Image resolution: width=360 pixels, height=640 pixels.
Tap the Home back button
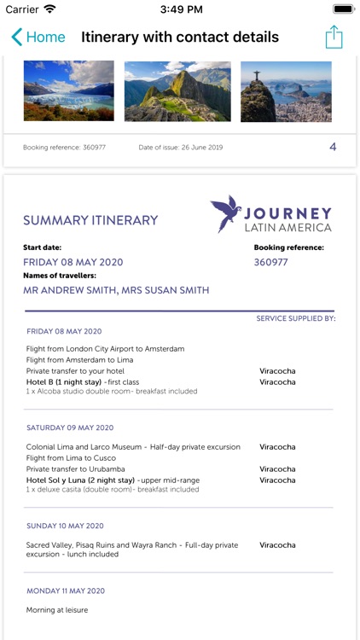point(38,37)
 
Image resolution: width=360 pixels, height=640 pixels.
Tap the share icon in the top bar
point(334,37)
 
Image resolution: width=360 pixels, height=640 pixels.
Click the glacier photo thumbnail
point(68,90)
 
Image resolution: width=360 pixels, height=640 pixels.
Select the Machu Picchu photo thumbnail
point(177,90)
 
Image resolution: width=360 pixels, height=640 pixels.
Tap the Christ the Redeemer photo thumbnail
point(286,90)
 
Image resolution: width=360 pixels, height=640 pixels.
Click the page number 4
point(333,147)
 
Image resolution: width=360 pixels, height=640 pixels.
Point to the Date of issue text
point(181,148)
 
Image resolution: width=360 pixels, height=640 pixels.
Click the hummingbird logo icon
point(226,213)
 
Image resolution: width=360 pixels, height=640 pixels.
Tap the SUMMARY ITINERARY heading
point(90,220)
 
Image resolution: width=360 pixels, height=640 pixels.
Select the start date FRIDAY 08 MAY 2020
point(73,262)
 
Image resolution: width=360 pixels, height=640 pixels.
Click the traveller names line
point(116,290)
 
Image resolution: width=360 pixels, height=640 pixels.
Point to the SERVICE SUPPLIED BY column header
point(295,318)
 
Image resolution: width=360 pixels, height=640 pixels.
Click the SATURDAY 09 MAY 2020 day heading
point(70,428)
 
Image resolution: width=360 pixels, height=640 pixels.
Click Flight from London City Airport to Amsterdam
point(105,349)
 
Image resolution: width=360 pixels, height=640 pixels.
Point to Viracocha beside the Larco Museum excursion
point(277,447)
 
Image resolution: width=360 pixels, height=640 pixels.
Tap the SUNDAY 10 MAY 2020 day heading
point(65,526)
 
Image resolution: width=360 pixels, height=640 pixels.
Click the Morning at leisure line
point(57,610)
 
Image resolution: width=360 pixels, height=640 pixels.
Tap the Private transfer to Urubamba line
point(76,469)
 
